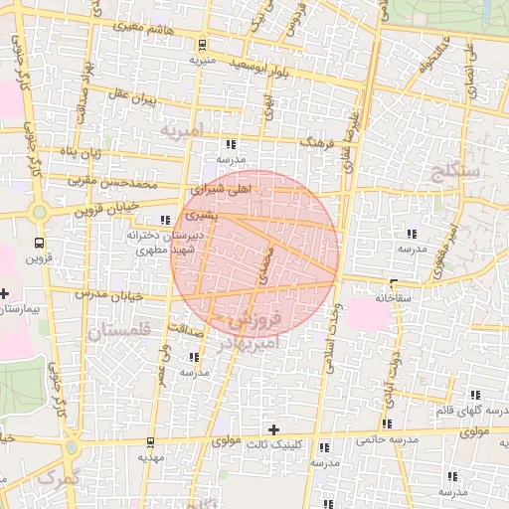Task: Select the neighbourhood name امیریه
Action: [187, 130]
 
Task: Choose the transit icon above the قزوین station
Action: [38, 243]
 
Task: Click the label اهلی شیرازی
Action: [223, 187]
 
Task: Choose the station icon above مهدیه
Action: [149, 442]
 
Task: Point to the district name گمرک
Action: [52, 479]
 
